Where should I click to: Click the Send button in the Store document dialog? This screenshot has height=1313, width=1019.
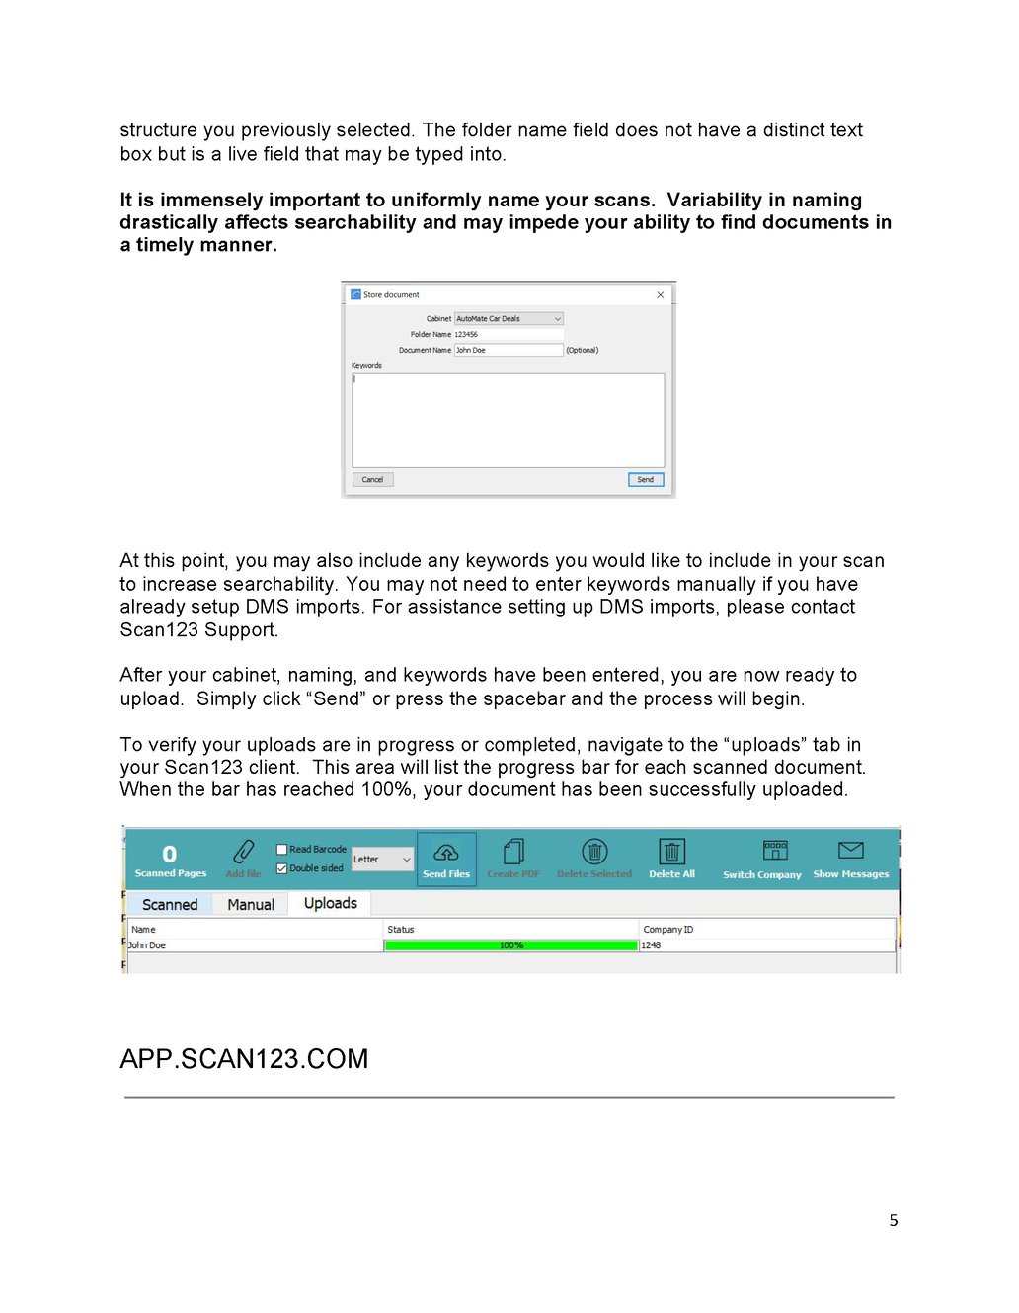click(x=645, y=479)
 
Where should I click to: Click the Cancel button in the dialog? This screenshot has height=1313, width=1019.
click(x=372, y=479)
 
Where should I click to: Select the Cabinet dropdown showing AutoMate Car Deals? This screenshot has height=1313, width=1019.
click(x=509, y=318)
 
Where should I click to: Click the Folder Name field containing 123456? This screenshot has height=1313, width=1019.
click(x=508, y=334)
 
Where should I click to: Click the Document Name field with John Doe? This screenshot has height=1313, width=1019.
click(x=508, y=350)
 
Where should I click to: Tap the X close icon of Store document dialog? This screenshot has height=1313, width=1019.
click(x=661, y=294)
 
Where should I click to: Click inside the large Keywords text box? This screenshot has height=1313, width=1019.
click(x=508, y=420)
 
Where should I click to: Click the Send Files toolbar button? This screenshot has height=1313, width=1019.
click(x=446, y=859)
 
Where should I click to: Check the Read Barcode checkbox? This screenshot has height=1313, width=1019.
click(x=282, y=849)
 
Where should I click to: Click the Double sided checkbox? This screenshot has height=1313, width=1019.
click(x=282, y=868)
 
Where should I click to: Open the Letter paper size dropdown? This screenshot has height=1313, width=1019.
click(x=382, y=860)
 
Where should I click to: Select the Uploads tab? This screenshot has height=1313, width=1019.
click(x=330, y=903)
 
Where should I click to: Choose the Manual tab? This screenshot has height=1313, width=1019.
click(x=251, y=904)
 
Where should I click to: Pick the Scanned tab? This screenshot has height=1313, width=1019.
click(x=170, y=904)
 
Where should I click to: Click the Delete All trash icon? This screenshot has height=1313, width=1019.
click(x=671, y=853)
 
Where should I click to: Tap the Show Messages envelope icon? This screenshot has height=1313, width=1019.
click(x=850, y=851)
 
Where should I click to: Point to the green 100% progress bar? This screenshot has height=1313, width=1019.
click(x=510, y=945)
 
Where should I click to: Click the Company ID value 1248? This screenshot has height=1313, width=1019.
click(x=651, y=945)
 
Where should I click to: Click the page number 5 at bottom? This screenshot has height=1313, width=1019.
click(x=894, y=1220)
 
